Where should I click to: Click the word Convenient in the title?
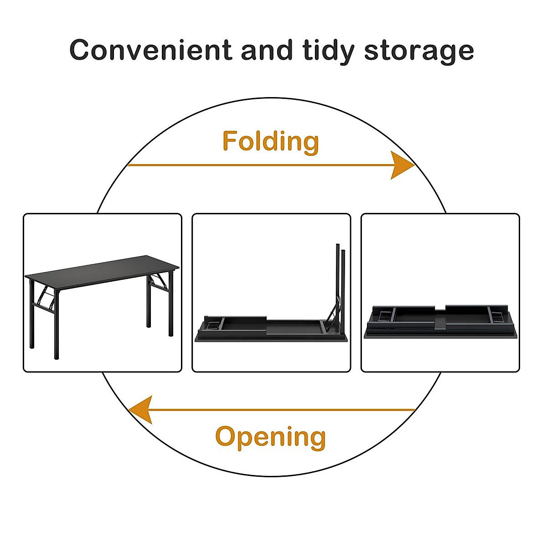tap(151, 50)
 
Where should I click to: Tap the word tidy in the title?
tap(328, 50)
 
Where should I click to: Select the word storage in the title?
tap(419, 51)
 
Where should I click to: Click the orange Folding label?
tap(271, 141)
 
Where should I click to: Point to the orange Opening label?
tap(271, 437)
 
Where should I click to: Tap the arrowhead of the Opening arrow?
tap(141, 409)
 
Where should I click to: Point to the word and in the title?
tap(267, 50)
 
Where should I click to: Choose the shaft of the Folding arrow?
tap(255, 165)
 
